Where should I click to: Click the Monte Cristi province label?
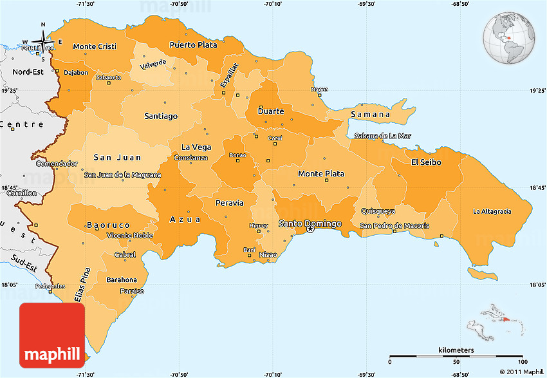[x=94, y=46]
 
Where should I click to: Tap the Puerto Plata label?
[x=193, y=45]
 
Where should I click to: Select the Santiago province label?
[x=161, y=117]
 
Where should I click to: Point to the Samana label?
[x=371, y=115]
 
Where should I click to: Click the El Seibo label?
[x=426, y=162]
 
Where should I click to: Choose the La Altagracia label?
[x=492, y=211]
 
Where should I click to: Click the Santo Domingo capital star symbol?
[x=310, y=229]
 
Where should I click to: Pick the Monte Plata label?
[x=320, y=174]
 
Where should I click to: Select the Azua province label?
[x=185, y=220]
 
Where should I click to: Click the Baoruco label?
[x=109, y=225]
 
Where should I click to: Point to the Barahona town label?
[x=122, y=279]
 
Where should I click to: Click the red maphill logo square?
[x=52, y=335]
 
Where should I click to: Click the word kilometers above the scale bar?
[x=456, y=350]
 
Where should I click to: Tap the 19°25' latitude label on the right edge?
[x=538, y=91]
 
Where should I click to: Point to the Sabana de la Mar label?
[x=382, y=136]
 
